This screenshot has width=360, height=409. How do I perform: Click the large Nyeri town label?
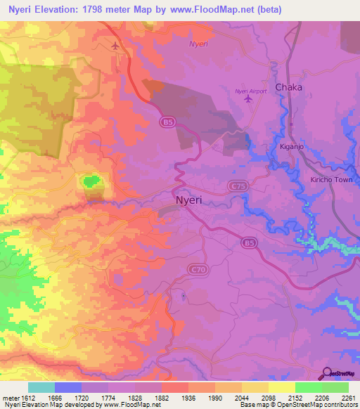[x=188, y=200]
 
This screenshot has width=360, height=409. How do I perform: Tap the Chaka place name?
[x=289, y=87]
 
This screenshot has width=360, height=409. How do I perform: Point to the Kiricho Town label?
[x=331, y=180]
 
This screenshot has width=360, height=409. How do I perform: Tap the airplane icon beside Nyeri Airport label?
[x=247, y=99]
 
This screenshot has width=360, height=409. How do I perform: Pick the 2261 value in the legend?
[x=349, y=397]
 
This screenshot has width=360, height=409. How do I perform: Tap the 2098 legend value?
[x=269, y=397]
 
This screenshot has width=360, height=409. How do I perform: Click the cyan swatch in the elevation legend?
[x=41, y=387]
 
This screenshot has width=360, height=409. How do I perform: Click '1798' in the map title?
[x=101, y=10]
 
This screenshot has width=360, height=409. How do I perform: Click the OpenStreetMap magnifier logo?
[x=326, y=373]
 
